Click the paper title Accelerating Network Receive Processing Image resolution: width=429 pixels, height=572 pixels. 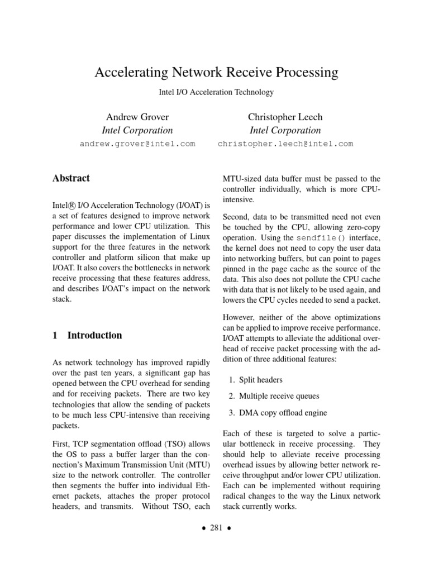point(217,72)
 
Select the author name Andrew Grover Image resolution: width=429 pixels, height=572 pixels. point(137,117)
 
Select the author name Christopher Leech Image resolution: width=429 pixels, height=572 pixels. point(285,117)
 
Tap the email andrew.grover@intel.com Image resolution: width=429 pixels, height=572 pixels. point(137,144)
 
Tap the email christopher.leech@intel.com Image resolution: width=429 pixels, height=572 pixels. point(285,144)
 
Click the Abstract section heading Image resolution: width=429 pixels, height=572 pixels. point(71,178)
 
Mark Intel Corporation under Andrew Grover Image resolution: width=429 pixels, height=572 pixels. point(137,130)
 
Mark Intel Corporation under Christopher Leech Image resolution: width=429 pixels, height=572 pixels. point(285,130)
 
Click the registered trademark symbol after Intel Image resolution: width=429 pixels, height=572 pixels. point(74,204)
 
